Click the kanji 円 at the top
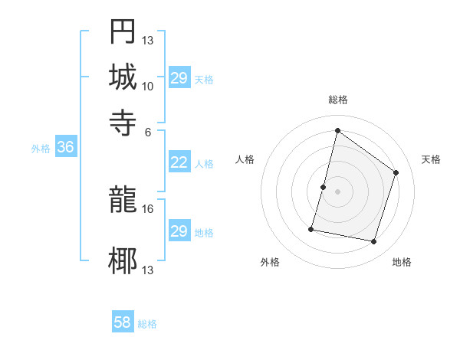point(123,32)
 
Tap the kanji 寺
point(123,122)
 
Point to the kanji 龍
point(123,201)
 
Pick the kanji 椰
point(123,260)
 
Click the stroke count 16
point(147,208)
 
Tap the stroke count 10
point(147,86)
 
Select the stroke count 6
point(147,131)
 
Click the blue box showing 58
point(123,322)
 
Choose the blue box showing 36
point(65,148)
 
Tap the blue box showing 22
point(179,162)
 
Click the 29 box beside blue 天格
point(179,78)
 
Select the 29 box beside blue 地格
point(179,231)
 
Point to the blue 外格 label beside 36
point(41,149)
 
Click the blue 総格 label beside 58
point(148,324)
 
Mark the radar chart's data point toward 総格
point(337,130)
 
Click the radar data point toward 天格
point(396,172)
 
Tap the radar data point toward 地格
point(374,242)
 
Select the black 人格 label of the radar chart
point(245,159)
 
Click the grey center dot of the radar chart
point(337,191)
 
